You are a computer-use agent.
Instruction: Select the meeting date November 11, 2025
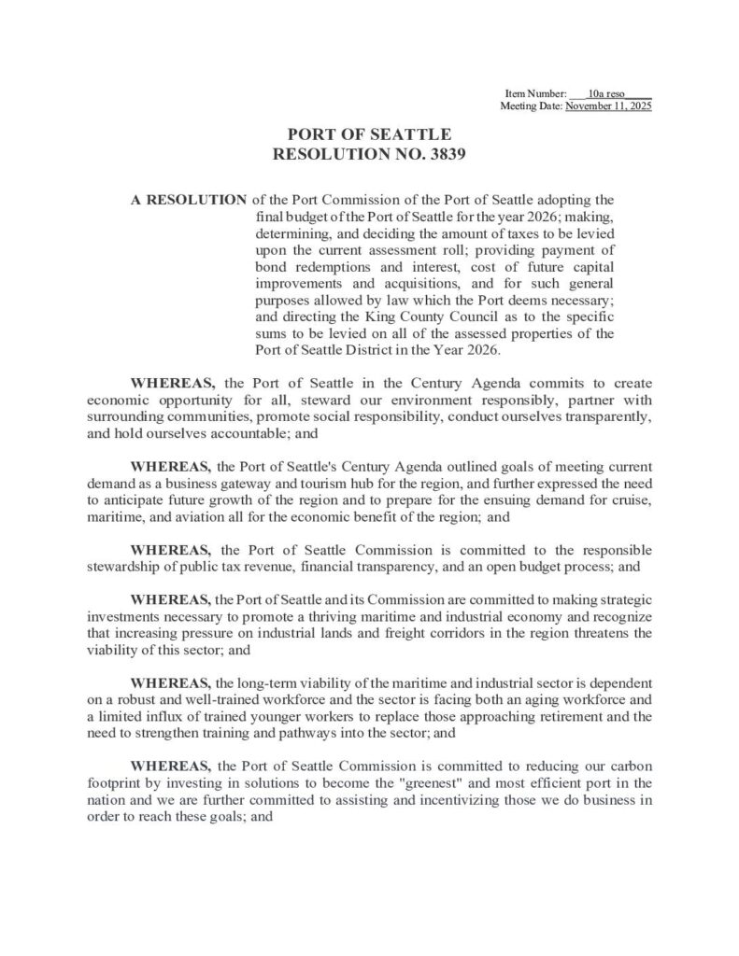tap(608, 107)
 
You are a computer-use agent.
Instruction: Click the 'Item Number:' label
tap(535, 95)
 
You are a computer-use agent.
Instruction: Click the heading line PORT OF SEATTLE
tap(369, 135)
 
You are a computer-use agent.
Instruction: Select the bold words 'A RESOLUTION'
tap(189, 200)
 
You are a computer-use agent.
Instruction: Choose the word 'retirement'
tap(553, 717)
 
